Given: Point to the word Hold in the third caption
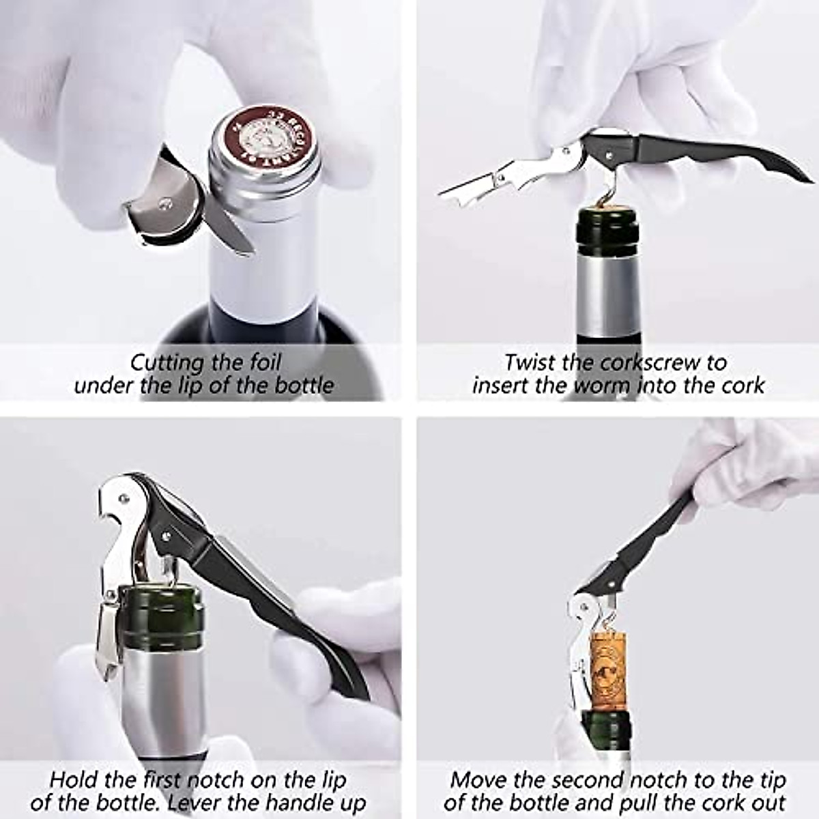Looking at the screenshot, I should (x=74, y=779).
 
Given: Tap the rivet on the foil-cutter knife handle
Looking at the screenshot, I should (x=164, y=202).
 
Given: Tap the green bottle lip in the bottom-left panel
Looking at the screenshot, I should (x=161, y=616).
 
